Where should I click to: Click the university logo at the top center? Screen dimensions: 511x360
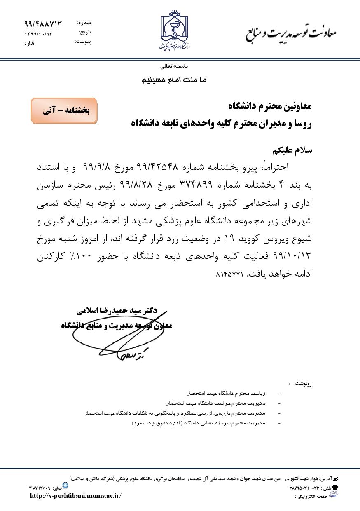pos(174,32)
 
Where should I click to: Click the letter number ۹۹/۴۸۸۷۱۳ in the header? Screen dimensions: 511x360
pos(43,24)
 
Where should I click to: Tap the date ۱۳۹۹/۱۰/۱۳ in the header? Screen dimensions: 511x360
pos(39,33)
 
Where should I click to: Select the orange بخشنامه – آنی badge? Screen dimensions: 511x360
pos(65,111)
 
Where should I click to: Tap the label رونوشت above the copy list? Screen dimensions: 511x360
pos(304,383)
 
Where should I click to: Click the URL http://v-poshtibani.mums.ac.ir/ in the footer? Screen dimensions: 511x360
pos(76,495)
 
